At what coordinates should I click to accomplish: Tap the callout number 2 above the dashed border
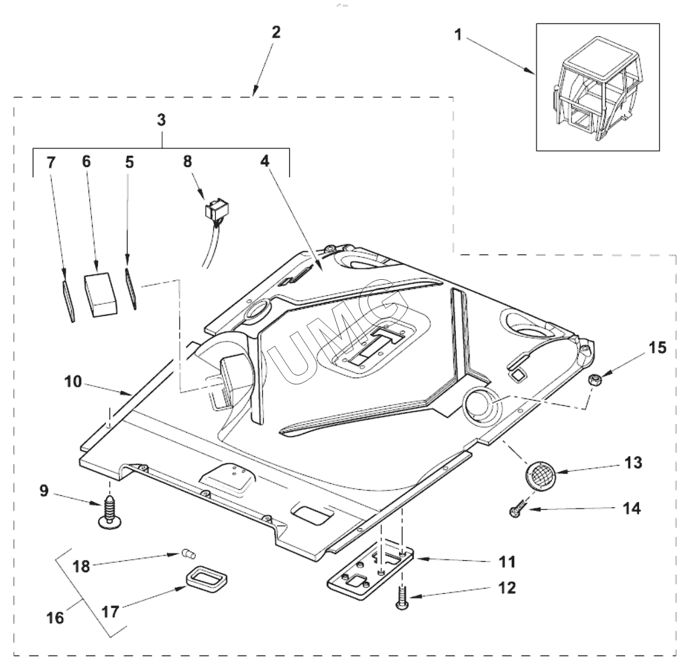click(x=276, y=32)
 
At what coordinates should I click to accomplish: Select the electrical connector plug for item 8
click(x=217, y=210)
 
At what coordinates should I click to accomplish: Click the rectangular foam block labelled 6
click(x=101, y=294)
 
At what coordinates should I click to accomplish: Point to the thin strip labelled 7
click(x=67, y=301)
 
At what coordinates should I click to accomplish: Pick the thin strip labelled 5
click(x=131, y=289)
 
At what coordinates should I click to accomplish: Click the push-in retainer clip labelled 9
click(x=109, y=513)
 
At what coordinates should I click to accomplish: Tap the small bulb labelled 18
click(x=188, y=554)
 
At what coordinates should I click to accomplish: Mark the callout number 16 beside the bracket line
click(x=56, y=617)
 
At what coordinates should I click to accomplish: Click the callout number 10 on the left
click(x=73, y=382)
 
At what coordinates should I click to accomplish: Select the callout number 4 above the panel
click(x=265, y=162)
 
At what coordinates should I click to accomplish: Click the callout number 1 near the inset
click(x=458, y=34)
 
